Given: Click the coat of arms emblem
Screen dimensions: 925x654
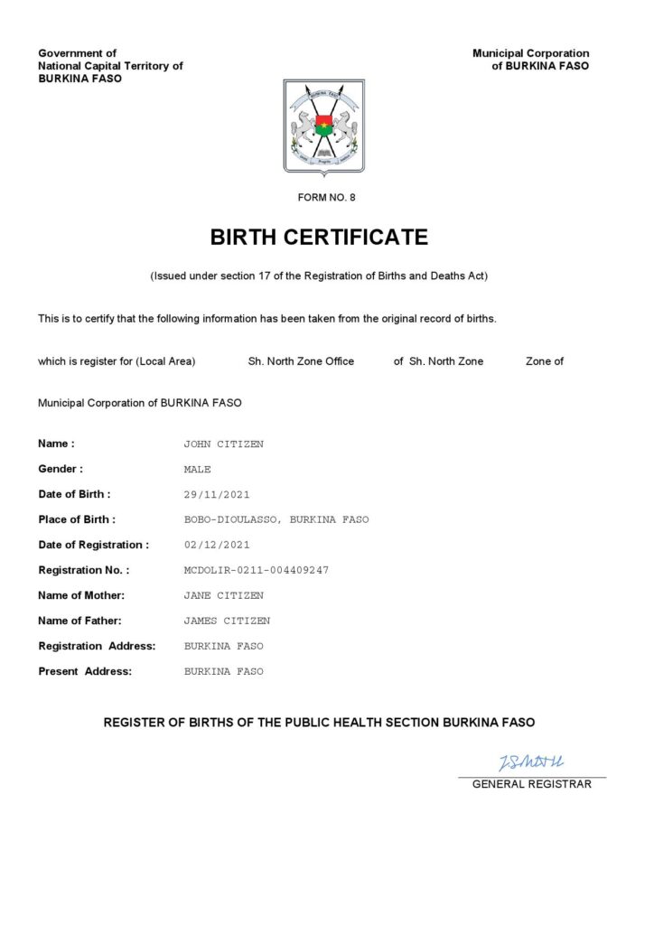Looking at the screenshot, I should click(325, 126).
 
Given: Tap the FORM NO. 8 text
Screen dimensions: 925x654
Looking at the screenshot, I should click(327, 198).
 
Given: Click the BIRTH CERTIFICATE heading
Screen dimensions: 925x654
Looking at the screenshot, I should click(319, 238).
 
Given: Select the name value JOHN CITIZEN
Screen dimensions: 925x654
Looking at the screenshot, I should click(224, 444).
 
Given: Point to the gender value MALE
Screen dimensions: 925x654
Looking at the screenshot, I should click(198, 470).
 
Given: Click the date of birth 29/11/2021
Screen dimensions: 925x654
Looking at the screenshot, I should click(217, 495).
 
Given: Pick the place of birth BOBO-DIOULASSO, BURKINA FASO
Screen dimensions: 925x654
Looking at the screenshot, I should click(276, 520).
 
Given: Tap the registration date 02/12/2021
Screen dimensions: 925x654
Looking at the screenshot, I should click(217, 546).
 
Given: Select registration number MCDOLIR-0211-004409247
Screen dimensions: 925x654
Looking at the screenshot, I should click(257, 571).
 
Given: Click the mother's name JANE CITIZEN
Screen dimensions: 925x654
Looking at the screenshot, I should click(224, 596).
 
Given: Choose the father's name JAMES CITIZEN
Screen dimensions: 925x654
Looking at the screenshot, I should click(227, 621).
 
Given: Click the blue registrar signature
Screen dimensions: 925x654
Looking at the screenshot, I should click(531, 762).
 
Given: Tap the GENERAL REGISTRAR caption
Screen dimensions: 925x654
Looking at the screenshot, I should click(532, 784).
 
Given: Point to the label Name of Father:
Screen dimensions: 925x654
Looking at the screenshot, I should click(79, 621).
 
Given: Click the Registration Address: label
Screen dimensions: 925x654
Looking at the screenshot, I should click(97, 647).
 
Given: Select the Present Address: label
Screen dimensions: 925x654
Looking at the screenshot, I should click(85, 672).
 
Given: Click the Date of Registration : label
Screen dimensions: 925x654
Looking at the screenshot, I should click(93, 546).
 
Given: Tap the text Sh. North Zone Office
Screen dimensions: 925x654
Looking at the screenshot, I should click(301, 361).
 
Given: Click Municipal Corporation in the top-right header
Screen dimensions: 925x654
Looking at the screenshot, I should click(531, 53).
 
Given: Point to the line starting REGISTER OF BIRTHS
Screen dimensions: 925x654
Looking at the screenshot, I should click(319, 723).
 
